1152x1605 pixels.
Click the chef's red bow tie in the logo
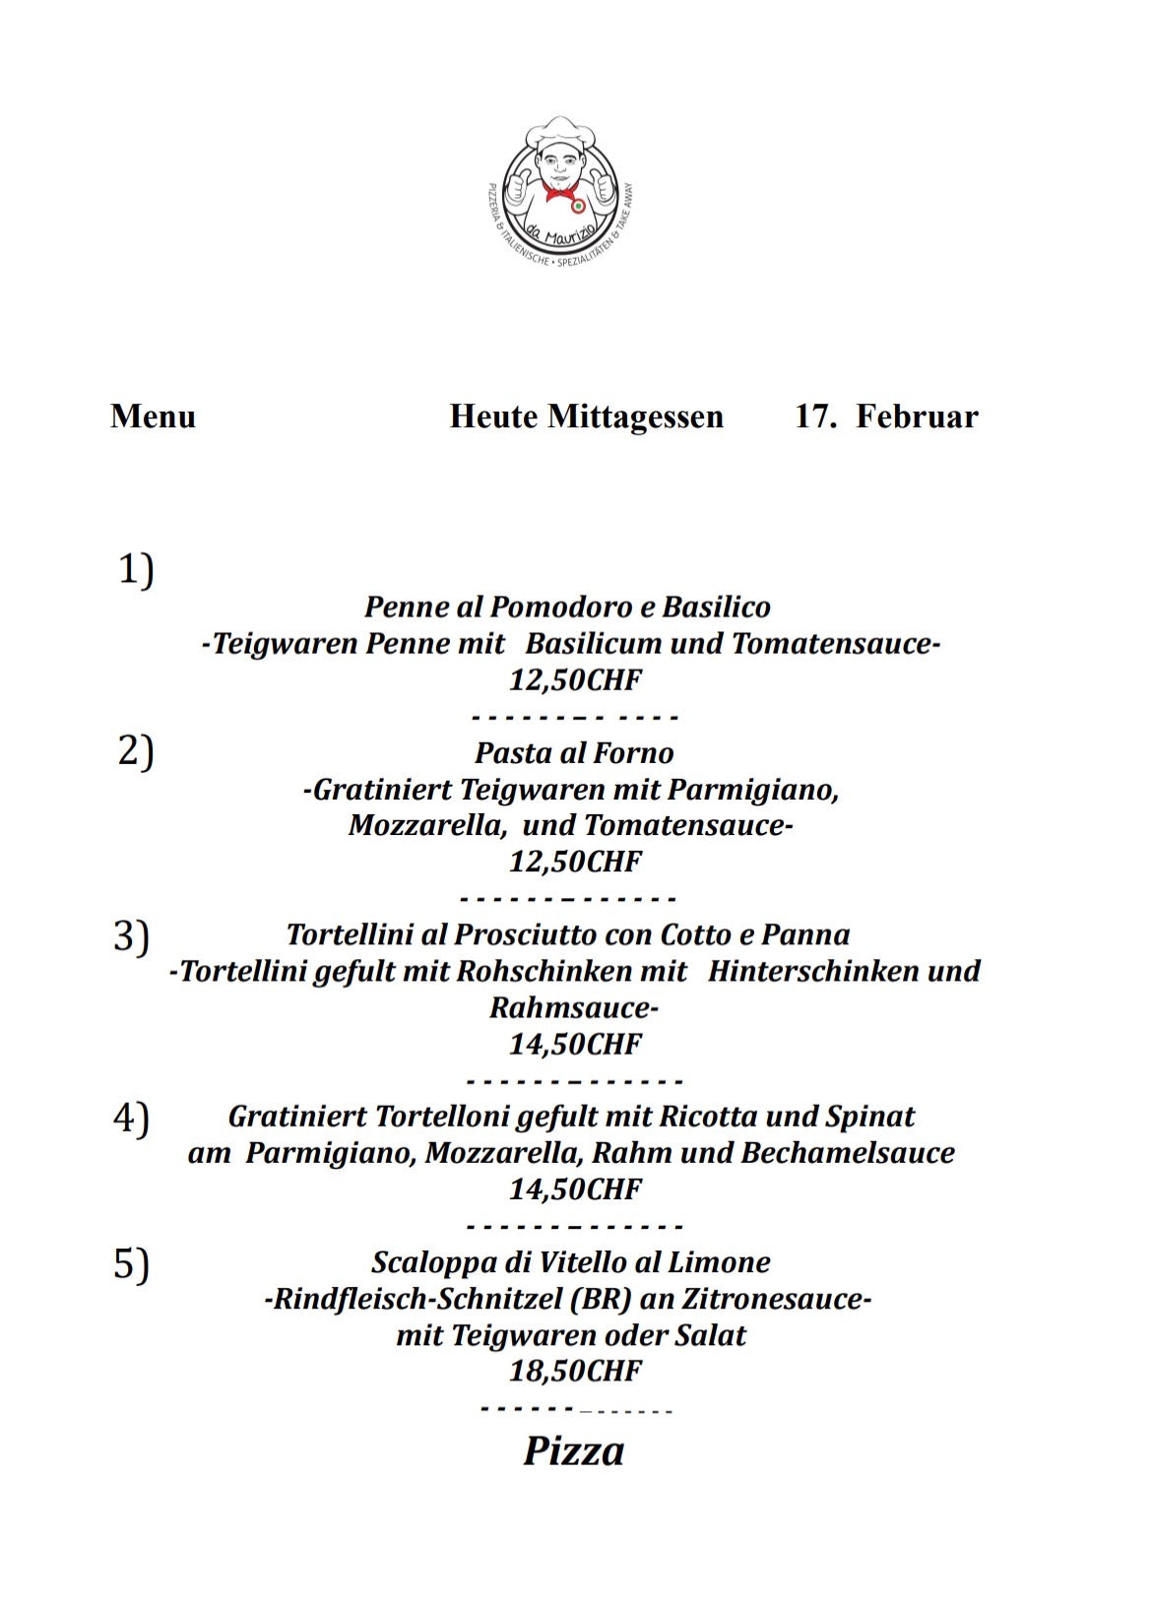point(558,192)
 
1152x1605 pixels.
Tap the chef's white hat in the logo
point(557,133)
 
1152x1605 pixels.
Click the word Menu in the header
point(153,417)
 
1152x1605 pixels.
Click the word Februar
point(917,417)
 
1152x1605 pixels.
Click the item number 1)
point(136,570)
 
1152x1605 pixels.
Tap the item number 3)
point(132,935)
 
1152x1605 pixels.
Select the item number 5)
point(132,1263)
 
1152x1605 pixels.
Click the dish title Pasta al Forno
point(574,753)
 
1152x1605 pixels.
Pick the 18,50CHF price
point(575,1371)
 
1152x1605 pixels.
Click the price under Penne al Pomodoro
point(575,679)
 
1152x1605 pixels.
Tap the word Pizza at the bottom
point(573,1451)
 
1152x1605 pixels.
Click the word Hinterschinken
point(815,971)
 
